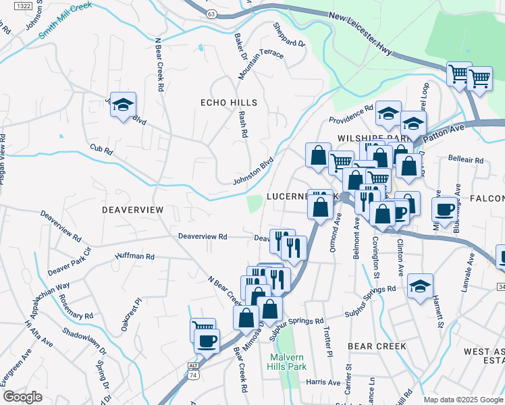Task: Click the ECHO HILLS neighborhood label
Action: click(229, 103)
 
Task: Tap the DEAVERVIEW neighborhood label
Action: click(132, 210)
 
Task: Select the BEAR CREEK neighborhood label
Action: click(377, 346)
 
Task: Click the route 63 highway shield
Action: click(211, 13)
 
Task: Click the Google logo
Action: click(23, 397)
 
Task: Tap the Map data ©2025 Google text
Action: click(462, 400)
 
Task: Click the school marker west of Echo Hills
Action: click(124, 105)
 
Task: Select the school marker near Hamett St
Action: click(420, 286)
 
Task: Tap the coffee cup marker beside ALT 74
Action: click(207, 340)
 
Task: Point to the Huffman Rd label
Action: click(135, 256)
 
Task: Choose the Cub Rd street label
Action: click(100, 148)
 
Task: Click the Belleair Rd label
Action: click(466, 161)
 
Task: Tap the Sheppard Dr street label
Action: click(289, 35)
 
